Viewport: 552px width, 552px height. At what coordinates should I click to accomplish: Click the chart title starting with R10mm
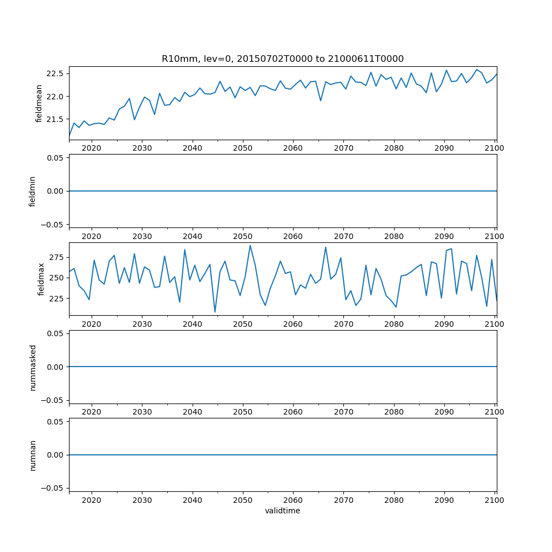point(282,59)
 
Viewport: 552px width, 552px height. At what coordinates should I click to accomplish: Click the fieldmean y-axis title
point(39,103)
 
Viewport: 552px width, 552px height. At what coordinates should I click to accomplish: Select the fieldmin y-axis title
point(32,191)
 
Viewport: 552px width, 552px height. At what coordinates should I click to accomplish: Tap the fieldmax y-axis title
point(40,279)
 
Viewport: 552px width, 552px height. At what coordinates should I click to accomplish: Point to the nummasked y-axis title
point(32,367)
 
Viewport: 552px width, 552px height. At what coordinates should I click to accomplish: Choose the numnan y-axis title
point(32,455)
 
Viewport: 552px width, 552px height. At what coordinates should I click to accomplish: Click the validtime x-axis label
point(282,511)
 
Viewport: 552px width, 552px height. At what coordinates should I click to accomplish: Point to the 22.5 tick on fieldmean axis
point(55,73)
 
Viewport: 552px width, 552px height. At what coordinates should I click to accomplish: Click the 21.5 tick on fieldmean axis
point(55,119)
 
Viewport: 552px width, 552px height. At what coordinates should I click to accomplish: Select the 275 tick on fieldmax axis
point(57,257)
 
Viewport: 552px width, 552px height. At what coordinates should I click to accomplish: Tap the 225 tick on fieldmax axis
point(57,298)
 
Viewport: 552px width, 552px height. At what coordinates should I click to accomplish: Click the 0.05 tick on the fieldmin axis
point(54,158)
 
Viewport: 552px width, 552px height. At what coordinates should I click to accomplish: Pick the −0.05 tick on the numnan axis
point(52,488)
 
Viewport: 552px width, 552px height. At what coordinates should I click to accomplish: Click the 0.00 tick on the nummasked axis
point(54,367)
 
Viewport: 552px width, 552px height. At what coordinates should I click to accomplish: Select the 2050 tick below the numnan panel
point(242,500)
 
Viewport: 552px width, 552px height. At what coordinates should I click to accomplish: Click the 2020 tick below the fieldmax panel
point(91,324)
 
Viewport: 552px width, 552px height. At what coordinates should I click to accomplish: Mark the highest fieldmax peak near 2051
point(250,246)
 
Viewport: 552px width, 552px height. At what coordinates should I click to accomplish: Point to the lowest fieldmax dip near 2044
point(215,312)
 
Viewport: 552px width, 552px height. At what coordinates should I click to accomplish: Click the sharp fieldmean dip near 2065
point(321,100)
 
